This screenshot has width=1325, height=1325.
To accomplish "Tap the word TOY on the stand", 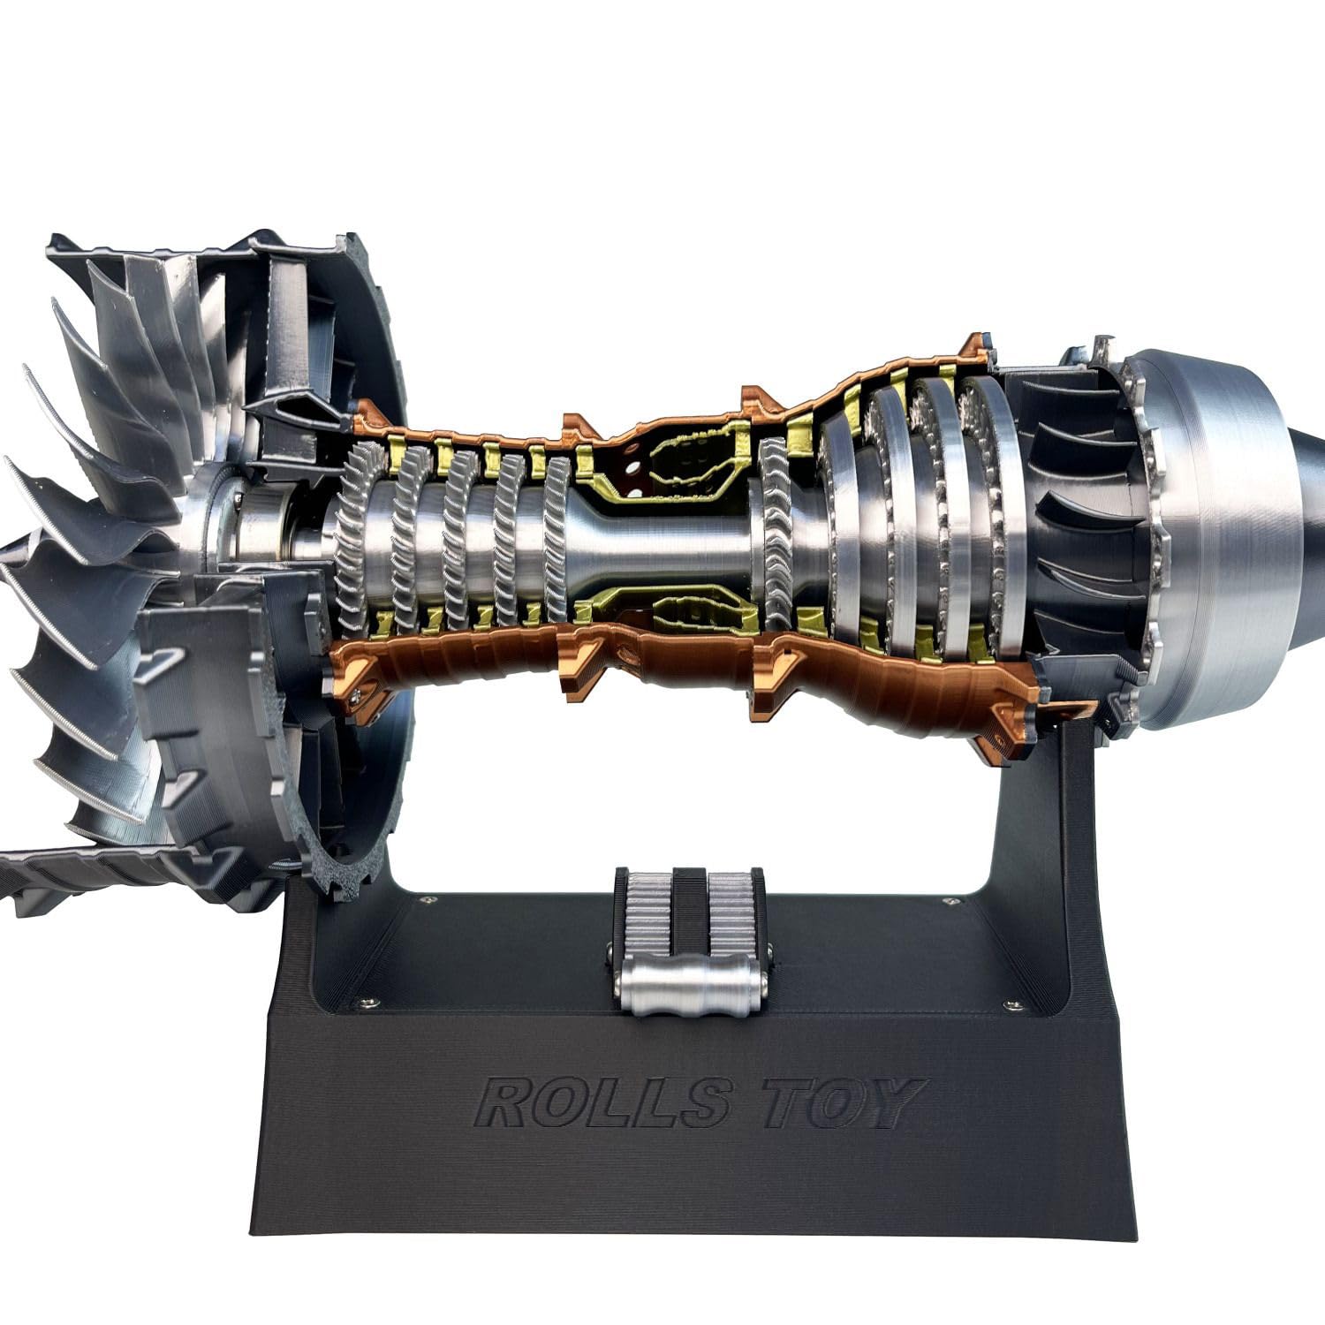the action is pos(840,1102).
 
